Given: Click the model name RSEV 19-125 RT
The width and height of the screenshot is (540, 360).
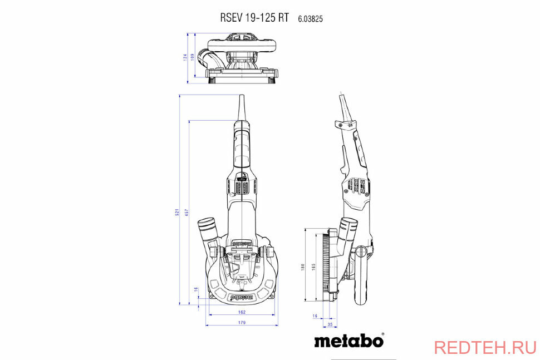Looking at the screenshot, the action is pyautogui.click(x=254, y=17).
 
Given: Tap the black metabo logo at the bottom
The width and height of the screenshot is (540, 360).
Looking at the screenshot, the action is pyautogui.click(x=348, y=340).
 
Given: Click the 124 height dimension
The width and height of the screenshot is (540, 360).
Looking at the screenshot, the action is pyautogui.click(x=185, y=57).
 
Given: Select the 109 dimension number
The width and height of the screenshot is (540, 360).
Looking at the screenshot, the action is pyautogui.click(x=193, y=57).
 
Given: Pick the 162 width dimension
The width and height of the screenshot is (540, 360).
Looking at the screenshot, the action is pyautogui.click(x=242, y=312).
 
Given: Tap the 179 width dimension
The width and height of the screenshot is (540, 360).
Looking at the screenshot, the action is pyautogui.click(x=242, y=323).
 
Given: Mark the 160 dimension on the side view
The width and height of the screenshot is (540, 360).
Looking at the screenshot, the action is pyautogui.click(x=303, y=267).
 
